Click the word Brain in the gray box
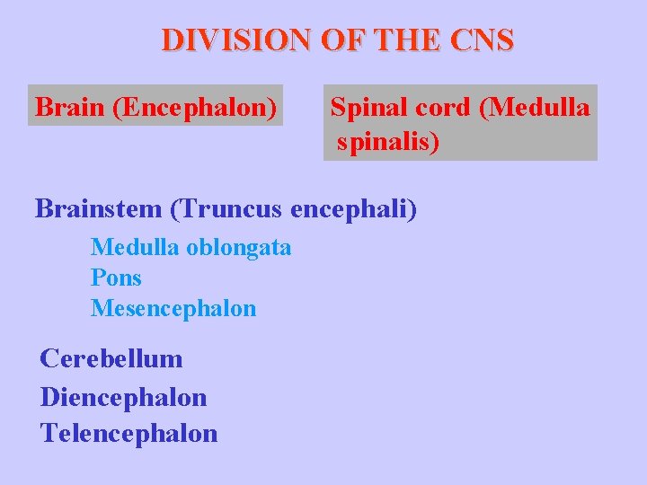[71, 108]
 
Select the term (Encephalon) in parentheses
[195, 108]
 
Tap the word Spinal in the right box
[369, 108]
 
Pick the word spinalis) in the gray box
[389, 142]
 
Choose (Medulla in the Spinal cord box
[536, 108]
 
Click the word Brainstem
[98, 208]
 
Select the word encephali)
[354, 208]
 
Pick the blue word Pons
[116, 278]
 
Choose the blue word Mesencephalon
[173, 309]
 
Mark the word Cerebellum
[111, 359]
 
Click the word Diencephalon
[123, 396]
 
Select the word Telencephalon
[129, 434]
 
